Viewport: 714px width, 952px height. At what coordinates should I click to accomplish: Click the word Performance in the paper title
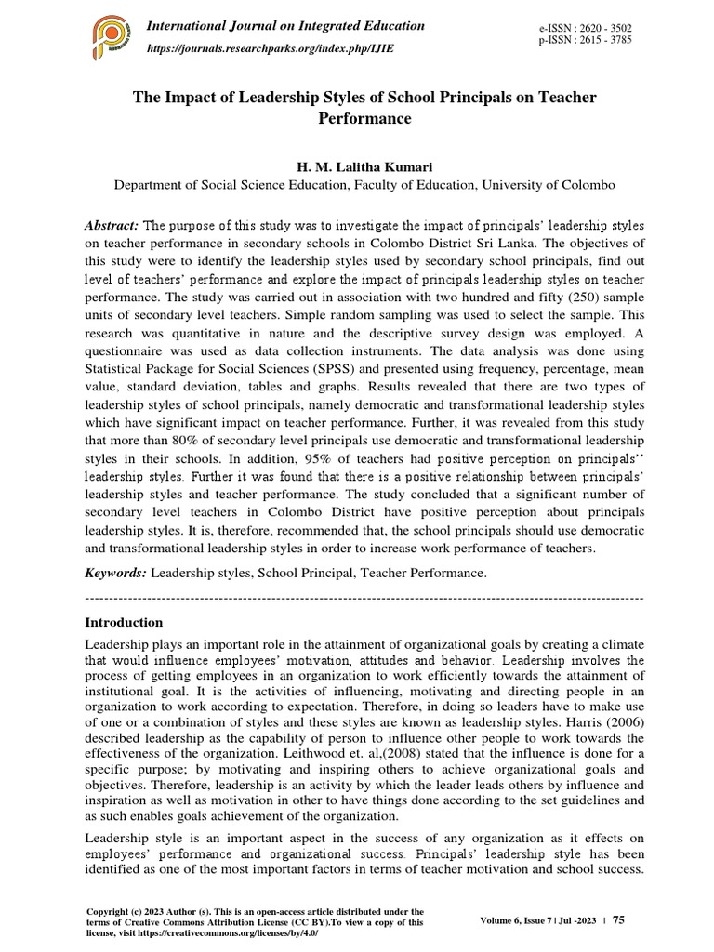click(364, 119)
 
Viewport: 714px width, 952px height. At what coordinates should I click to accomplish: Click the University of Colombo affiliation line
click(364, 185)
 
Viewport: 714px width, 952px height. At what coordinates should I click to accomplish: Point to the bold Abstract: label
click(112, 226)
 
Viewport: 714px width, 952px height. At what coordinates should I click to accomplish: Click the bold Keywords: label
click(115, 575)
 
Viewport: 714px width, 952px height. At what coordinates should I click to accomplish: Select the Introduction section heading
click(124, 622)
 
